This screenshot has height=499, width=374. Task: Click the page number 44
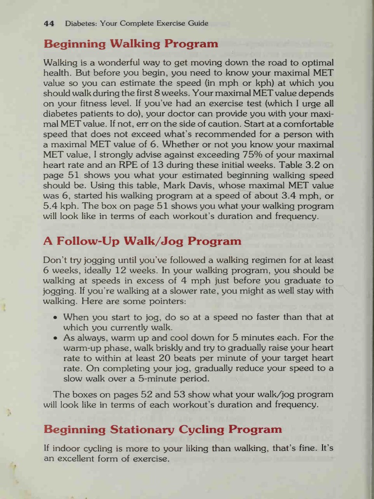(x=49, y=23)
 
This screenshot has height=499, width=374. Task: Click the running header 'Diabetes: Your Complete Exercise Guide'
(x=137, y=23)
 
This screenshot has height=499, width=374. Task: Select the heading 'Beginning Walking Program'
(x=131, y=44)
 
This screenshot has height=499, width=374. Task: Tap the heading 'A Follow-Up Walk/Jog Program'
(x=142, y=241)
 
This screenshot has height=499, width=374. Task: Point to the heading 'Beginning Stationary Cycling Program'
(x=163, y=429)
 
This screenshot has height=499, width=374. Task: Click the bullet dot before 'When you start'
(x=56, y=317)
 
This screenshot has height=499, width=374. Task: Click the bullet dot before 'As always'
(x=56, y=338)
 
